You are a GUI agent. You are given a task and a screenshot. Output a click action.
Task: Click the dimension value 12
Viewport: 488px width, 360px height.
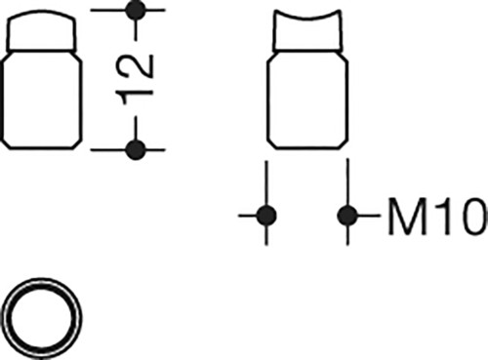pos(135,79)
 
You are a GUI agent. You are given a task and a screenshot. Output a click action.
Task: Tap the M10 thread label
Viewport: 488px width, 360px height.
pos(438,217)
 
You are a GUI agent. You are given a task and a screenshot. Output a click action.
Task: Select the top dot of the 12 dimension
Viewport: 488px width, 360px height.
pos(136,10)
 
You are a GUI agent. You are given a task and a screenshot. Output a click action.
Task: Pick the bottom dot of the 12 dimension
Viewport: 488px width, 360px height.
pos(136,150)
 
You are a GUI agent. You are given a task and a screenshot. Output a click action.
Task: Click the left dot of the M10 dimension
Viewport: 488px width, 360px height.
pos(266,216)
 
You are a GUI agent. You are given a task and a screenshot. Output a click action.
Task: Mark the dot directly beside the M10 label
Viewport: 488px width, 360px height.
pos(347,216)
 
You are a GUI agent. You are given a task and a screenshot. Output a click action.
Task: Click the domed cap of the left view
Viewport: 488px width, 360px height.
pos(41,30)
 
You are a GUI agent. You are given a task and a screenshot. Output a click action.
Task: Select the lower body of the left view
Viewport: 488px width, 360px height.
pos(41,100)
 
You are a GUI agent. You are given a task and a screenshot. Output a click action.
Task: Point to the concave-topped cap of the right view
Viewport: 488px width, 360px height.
pos(307,31)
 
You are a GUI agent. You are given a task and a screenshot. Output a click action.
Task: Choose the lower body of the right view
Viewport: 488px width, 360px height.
pos(307,100)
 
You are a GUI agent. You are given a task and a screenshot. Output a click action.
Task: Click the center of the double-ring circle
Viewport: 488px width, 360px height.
pos(41,318)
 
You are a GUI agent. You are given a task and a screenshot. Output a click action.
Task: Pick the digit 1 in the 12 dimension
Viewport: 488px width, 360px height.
pos(135,97)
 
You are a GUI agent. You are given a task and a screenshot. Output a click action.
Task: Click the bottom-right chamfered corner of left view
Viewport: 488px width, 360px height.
pos(77,144)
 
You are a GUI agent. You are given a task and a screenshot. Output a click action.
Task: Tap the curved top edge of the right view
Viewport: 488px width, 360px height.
pos(307,17)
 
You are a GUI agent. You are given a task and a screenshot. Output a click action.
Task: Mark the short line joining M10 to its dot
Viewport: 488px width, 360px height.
pos(369,216)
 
